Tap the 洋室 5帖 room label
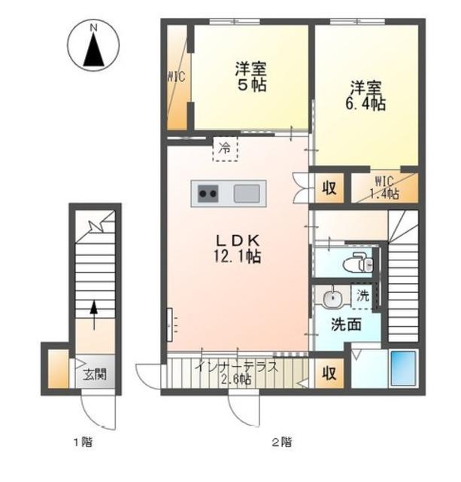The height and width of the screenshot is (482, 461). pyautogui.click(x=250, y=77)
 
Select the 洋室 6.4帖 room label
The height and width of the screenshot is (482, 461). pyautogui.click(x=365, y=96)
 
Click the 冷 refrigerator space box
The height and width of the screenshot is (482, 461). pyautogui.click(x=226, y=149)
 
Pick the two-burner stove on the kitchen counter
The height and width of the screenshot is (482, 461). pyautogui.click(x=208, y=194)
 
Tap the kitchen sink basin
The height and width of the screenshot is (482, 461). pyautogui.click(x=247, y=194)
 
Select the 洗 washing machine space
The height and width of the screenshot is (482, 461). pyautogui.click(x=362, y=296)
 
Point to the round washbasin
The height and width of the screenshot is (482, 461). pyautogui.click(x=332, y=297)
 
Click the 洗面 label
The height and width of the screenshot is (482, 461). pyautogui.click(x=346, y=325)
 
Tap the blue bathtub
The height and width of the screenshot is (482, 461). pyautogui.click(x=402, y=368)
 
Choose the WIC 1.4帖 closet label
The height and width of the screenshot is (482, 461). pyautogui.click(x=384, y=188)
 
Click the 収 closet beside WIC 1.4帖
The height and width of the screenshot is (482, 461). pyautogui.click(x=329, y=188)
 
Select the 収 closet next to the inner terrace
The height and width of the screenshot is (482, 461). pyautogui.click(x=329, y=373)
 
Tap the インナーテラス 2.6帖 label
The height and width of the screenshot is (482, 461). pyautogui.click(x=237, y=373)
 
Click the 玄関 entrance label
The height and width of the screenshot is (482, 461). pyautogui.click(x=96, y=374)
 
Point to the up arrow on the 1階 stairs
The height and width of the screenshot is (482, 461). pyautogui.click(x=94, y=315)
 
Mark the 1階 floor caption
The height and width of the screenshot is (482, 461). pyautogui.click(x=83, y=442)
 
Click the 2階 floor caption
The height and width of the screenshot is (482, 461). pyautogui.click(x=282, y=442)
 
